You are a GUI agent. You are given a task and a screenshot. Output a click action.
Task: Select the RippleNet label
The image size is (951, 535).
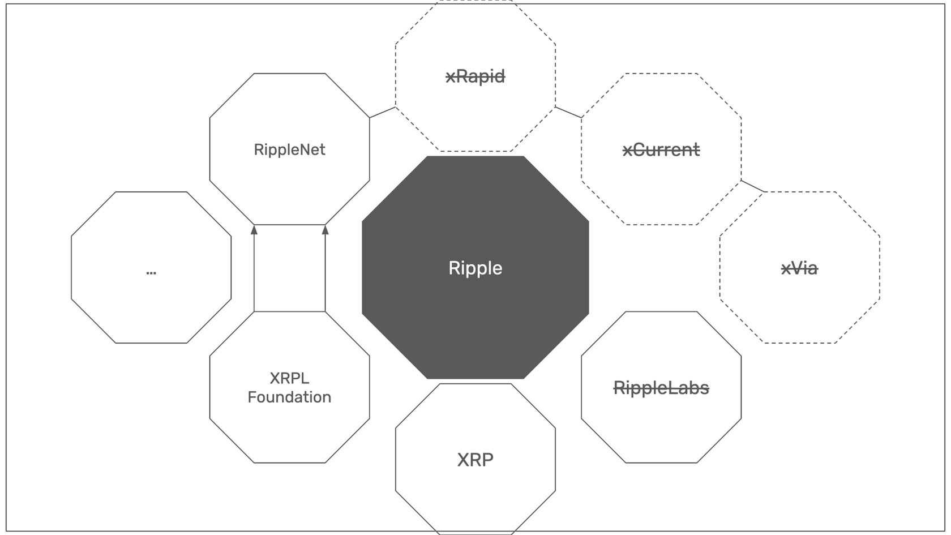pos(289,149)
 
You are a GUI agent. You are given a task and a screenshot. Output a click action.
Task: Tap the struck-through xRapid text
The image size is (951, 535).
pos(475,76)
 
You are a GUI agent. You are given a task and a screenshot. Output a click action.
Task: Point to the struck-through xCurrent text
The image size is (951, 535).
pos(661,149)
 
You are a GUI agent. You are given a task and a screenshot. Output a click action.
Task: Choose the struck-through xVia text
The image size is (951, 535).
pos(799,268)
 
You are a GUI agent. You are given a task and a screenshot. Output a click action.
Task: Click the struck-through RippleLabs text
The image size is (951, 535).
pos(661,388)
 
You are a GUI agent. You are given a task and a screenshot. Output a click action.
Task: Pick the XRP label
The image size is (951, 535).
pos(475,459)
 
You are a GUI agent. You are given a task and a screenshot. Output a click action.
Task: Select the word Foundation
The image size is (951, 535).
pos(289,397)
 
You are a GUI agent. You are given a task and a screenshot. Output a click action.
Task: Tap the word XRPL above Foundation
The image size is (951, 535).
pos(289,378)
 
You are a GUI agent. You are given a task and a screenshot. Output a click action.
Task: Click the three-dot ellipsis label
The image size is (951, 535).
pos(151,272)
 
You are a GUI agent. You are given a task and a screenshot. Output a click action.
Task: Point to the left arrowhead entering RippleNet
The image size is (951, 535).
pos(254,230)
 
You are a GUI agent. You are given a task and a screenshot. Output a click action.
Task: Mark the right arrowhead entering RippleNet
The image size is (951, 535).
pos(325,230)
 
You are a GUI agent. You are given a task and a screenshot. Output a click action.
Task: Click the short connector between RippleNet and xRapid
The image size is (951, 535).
pos(383,112)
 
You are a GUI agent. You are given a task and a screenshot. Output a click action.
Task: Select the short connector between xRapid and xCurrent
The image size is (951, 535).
pos(568,112)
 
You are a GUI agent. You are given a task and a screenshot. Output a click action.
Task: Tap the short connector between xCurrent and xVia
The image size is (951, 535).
pos(753,186)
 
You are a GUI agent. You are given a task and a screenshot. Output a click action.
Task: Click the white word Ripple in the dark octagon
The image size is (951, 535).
pos(475,268)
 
